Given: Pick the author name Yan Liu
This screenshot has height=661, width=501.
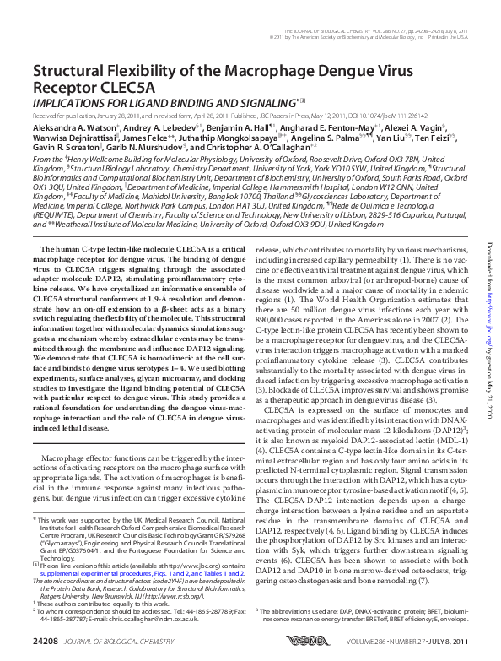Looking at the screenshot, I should [x=393, y=137].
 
